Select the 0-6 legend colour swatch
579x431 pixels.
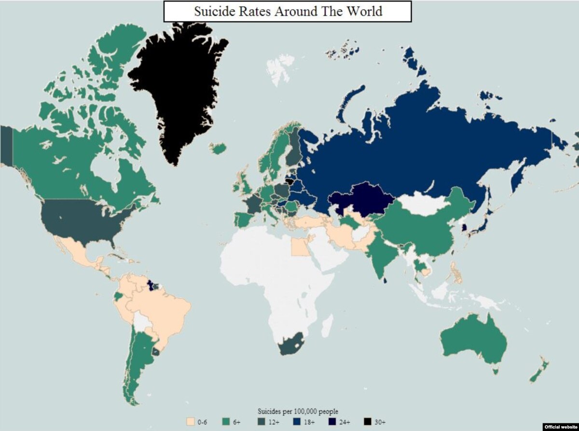click(190, 422)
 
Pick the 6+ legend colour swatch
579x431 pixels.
click(225, 422)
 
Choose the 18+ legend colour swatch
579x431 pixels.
click(296, 422)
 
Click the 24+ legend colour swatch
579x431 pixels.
click(331, 422)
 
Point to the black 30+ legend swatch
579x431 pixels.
click(367, 422)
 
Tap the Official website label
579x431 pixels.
click(561, 427)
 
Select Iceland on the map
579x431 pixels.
click(218, 148)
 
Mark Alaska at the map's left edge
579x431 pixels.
click(6, 145)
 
